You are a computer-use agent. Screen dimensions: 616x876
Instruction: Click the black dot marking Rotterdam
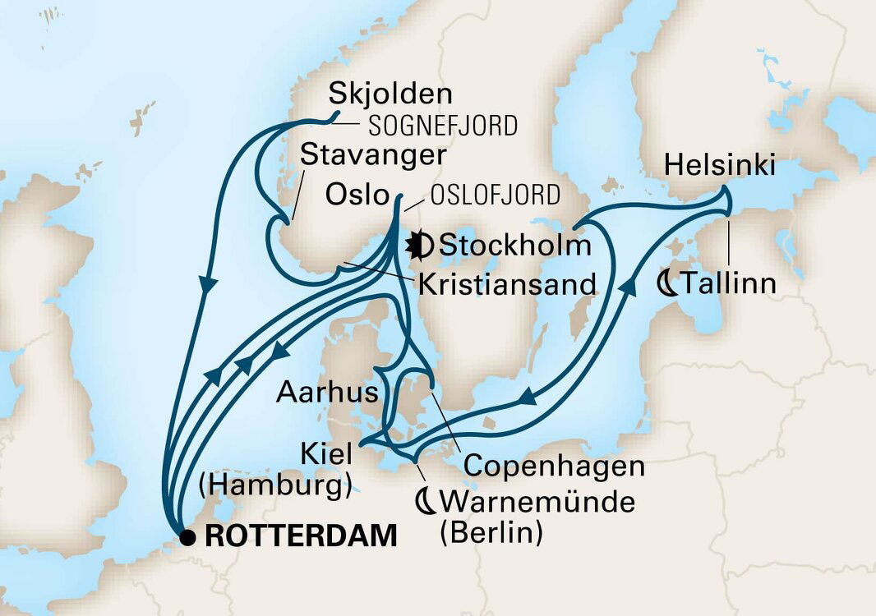click(189, 538)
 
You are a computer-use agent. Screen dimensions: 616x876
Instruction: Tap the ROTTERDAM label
click(301, 537)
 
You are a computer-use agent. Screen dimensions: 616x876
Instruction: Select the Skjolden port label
click(380, 96)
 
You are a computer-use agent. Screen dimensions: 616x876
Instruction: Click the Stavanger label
click(373, 155)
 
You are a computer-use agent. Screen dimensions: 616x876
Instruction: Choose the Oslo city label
click(356, 195)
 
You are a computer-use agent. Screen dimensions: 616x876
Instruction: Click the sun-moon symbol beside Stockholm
click(421, 244)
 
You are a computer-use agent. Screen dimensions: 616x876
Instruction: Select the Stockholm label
click(516, 245)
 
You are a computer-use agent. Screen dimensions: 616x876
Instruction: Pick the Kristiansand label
click(507, 285)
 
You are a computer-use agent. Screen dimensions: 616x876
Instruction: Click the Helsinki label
click(720, 166)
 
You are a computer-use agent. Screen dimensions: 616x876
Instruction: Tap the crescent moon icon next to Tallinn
click(669, 285)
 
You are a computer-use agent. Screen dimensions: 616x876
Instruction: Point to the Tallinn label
click(727, 285)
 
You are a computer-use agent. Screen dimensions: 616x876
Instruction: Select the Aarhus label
click(327, 393)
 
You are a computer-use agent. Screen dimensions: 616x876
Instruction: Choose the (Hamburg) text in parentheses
click(275, 487)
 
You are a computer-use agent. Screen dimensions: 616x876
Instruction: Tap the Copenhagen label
click(554, 467)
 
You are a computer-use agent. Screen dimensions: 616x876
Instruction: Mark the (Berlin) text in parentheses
click(491, 532)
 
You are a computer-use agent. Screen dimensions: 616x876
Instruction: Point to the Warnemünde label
click(537, 501)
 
